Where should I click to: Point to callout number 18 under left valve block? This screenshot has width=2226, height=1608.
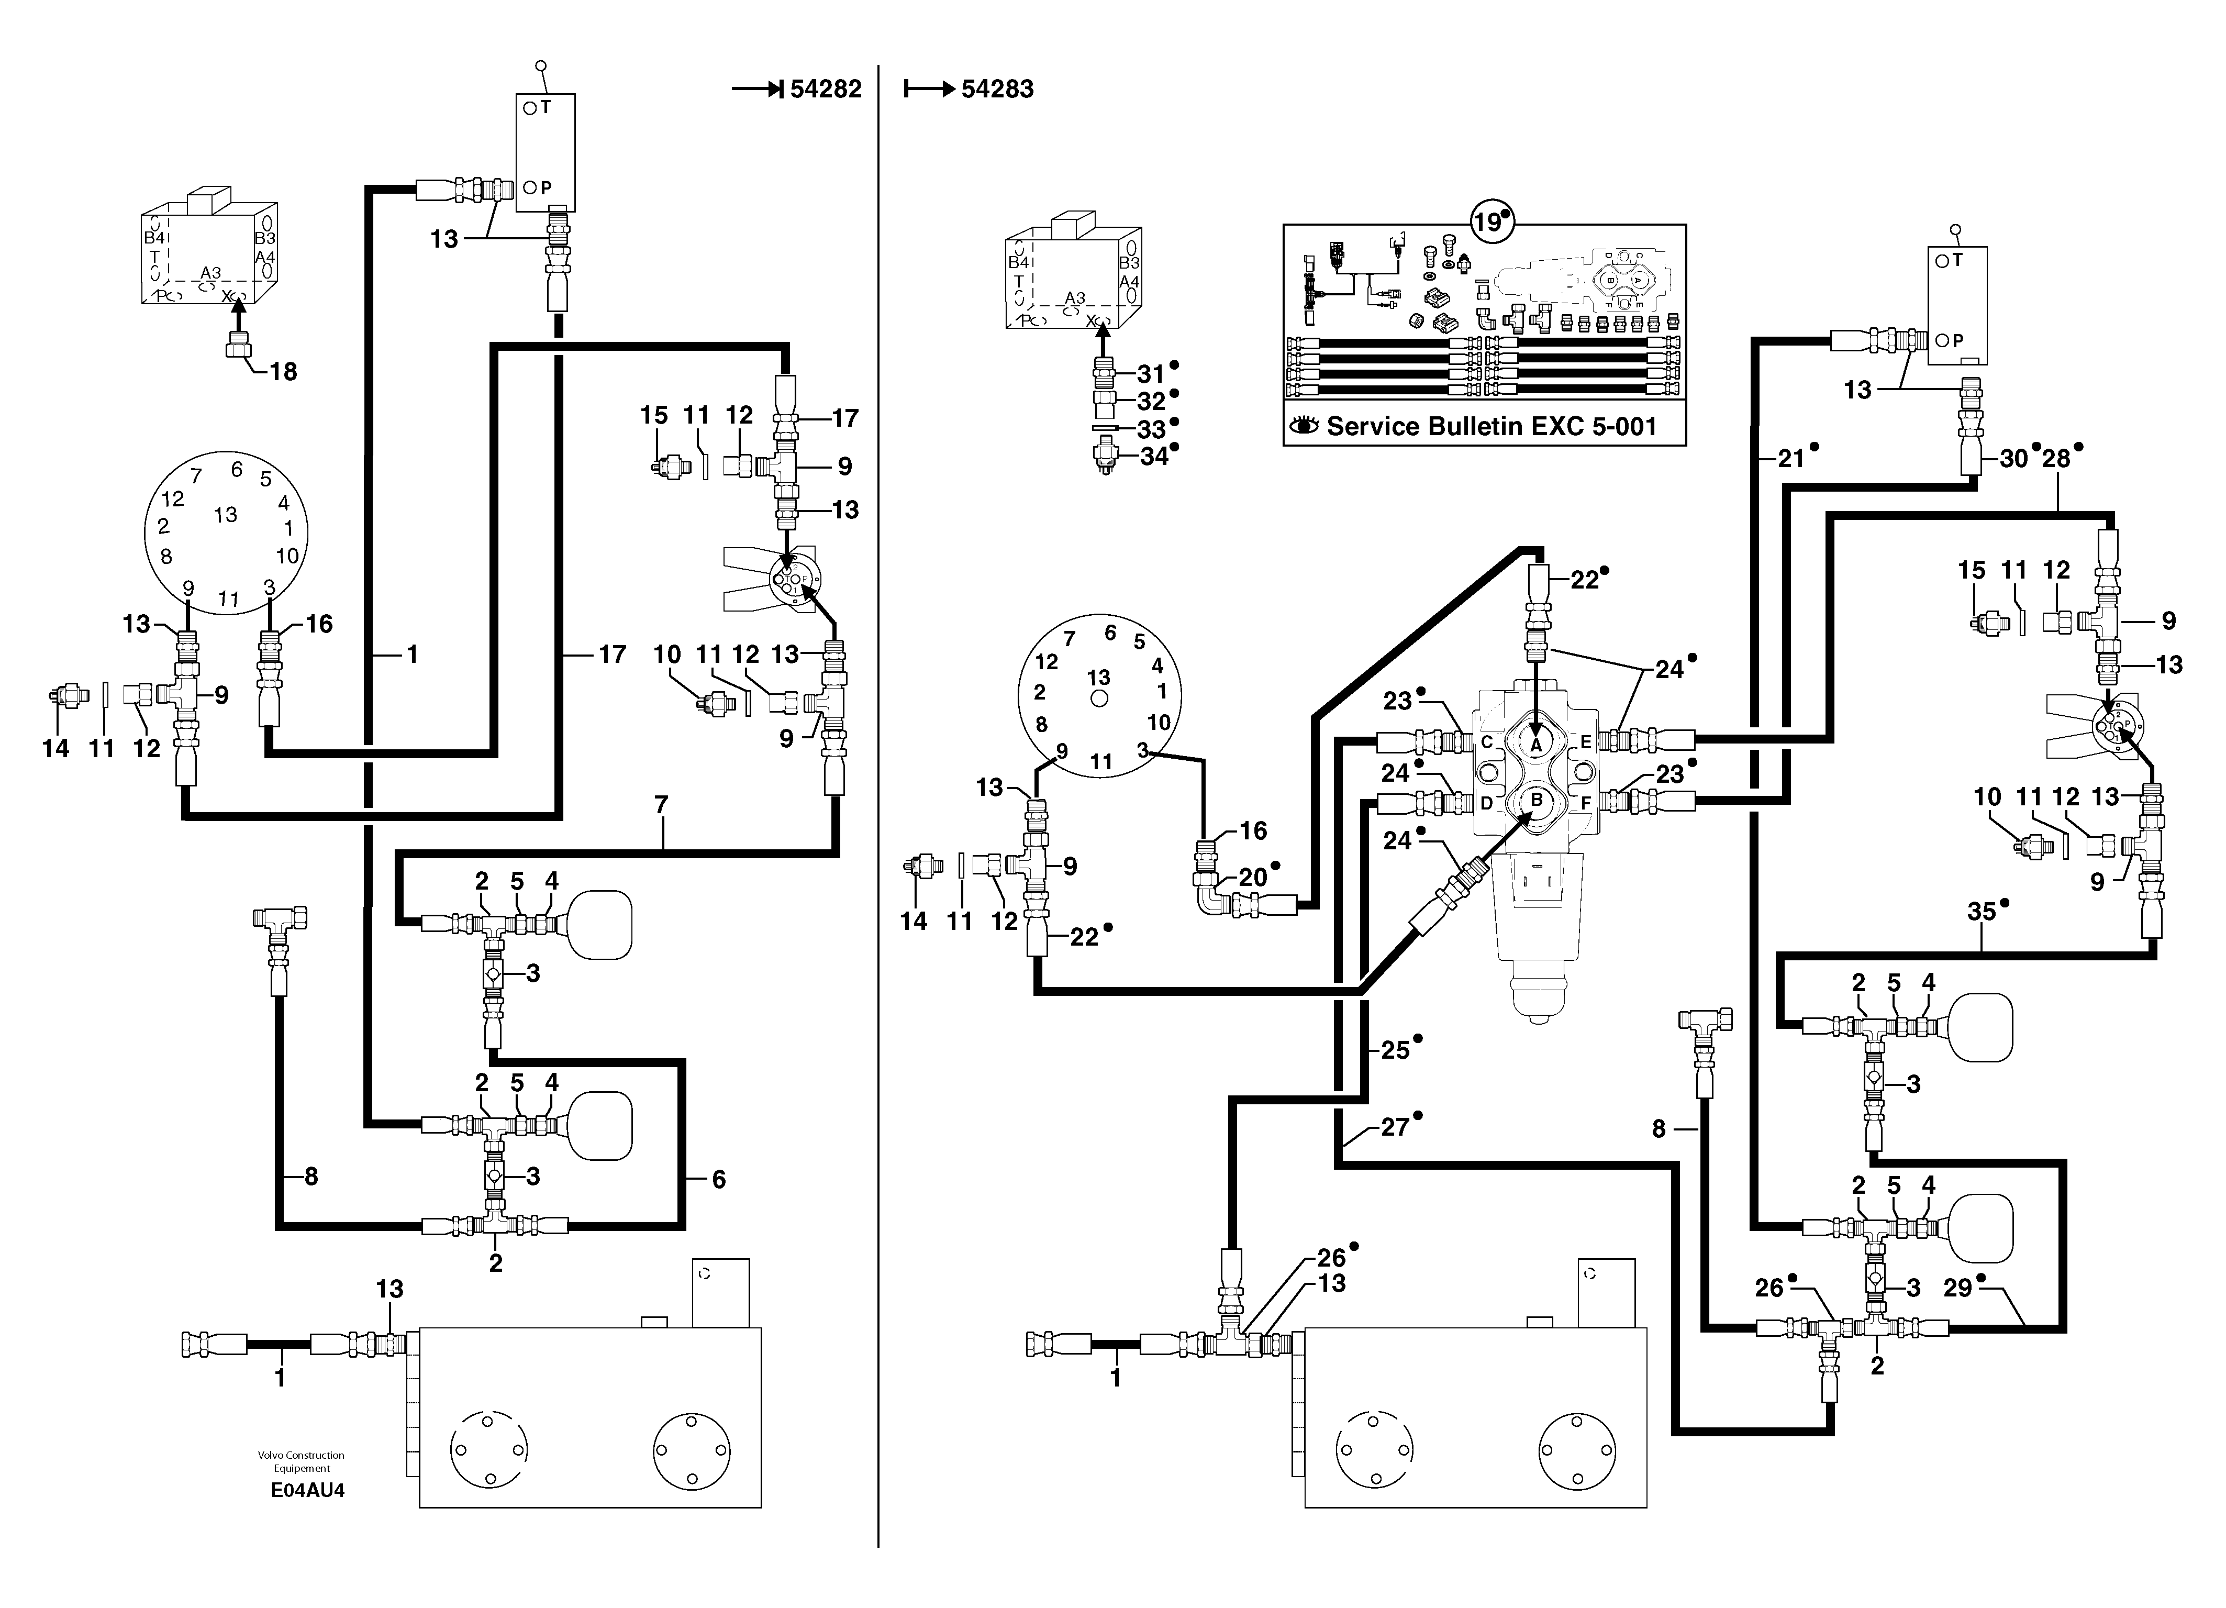[283, 371]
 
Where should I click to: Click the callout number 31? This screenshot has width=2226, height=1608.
[1150, 374]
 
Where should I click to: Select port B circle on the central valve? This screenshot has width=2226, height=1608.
[1536, 800]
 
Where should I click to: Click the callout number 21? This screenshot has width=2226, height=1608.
[1791, 459]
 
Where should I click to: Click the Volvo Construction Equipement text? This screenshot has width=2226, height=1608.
[302, 1462]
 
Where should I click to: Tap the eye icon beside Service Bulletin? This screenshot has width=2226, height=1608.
[1304, 426]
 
